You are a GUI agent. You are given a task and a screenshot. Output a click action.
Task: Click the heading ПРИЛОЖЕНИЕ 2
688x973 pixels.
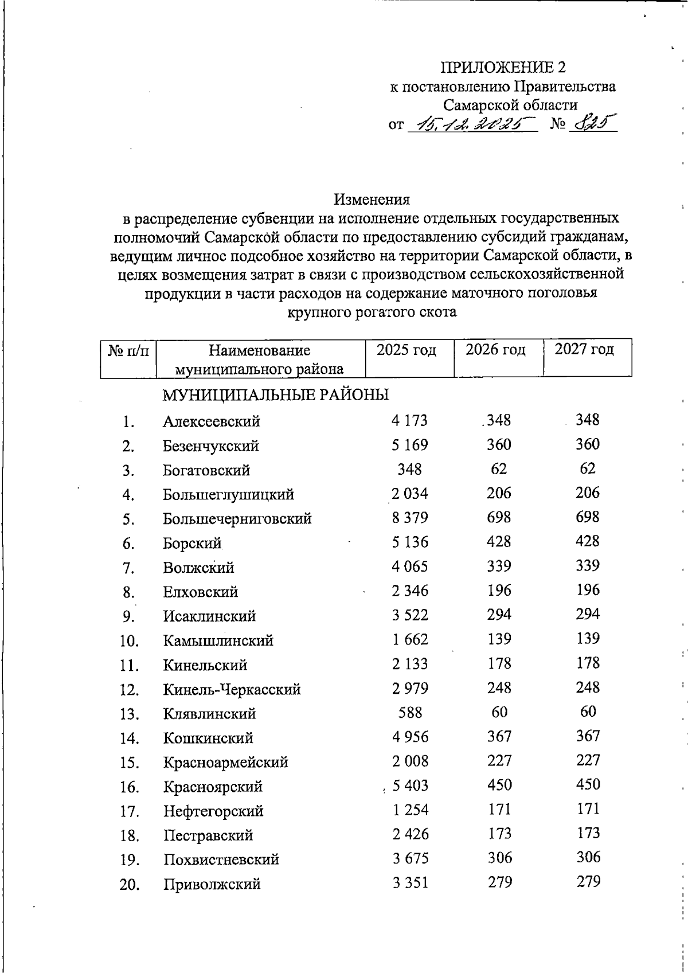click(503, 68)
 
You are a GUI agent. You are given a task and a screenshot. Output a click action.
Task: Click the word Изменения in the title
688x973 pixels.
click(372, 200)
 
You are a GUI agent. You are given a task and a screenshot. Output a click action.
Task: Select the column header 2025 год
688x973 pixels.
click(406, 350)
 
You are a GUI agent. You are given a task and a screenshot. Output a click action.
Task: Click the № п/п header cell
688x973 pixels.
click(128, 350)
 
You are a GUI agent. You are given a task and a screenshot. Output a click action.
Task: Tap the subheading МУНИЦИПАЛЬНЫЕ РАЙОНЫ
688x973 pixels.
click(276, 395)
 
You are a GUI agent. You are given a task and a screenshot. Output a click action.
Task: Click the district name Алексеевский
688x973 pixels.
click(211, 421)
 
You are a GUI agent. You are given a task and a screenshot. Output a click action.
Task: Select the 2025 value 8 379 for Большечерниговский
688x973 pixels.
click(409, 518)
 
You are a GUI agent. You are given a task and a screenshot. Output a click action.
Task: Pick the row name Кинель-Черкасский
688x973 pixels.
click(232, 689)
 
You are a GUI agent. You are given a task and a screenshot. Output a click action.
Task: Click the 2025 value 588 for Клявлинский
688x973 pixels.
click(410, 713)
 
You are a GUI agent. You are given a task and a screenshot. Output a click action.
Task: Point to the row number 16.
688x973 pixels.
click(130, 787)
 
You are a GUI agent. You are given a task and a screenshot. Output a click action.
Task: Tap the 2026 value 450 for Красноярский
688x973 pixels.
click(499, 784)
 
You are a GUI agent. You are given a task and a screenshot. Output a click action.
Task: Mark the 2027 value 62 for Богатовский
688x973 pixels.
click(588, 468)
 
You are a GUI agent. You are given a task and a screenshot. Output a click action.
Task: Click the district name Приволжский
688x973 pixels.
click(212, 884)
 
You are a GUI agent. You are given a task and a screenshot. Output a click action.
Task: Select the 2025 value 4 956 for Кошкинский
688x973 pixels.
click(410, 737)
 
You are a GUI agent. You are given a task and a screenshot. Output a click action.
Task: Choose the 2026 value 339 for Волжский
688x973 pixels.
click(499, 566)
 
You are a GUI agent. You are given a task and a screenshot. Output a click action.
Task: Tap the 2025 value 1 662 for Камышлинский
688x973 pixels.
click(410, 639)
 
